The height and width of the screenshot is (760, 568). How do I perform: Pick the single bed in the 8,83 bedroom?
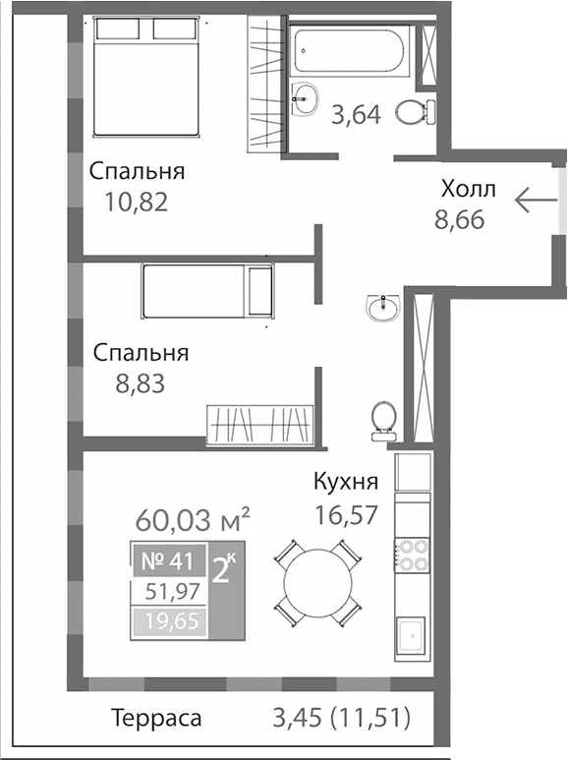coord(207,291)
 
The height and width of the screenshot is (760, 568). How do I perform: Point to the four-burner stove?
coord(412,555)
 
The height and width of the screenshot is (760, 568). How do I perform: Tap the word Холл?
coord(469,189)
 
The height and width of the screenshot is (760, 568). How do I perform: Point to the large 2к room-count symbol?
coord(224,569)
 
